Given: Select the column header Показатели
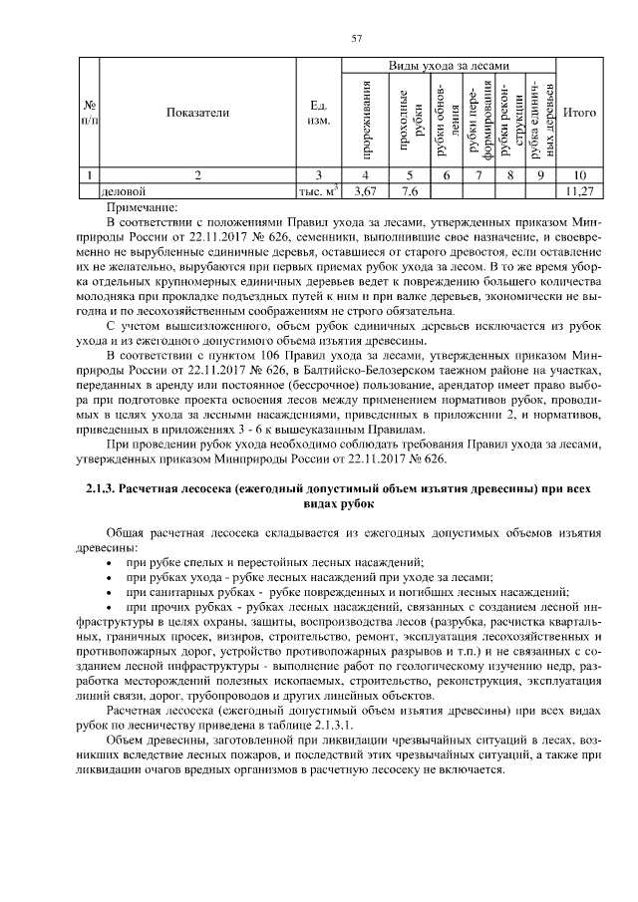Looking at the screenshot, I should coord(198,113).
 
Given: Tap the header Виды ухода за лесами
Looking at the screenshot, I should coord(448,65).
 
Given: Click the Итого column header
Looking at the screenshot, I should coord(579,113).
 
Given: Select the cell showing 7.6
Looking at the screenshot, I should coord(409,189).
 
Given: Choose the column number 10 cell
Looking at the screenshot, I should coord(579,175).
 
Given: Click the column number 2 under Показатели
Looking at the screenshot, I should coord(198,175).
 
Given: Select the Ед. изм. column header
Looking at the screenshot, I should coord(319,113).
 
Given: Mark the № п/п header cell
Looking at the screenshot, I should coord(89,113).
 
